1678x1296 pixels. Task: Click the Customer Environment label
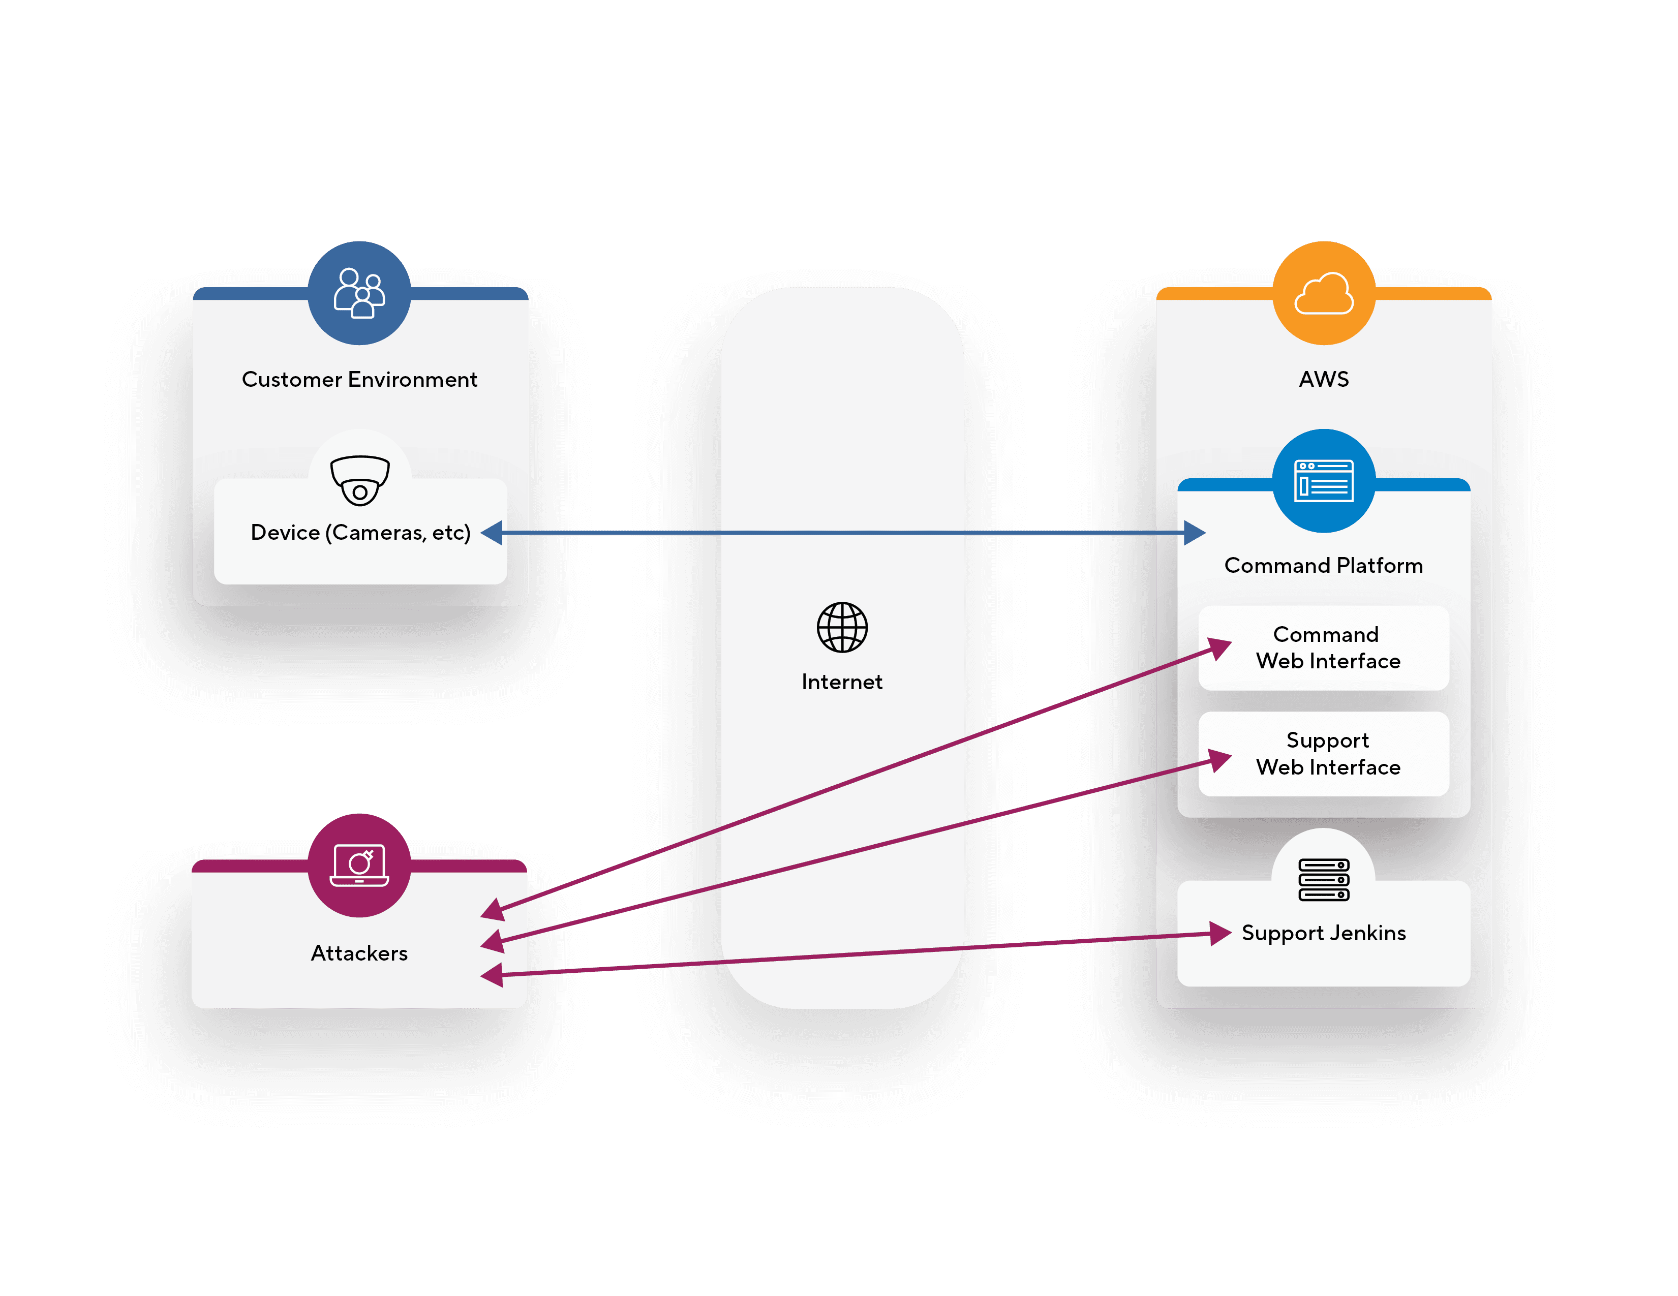tap(359, 380)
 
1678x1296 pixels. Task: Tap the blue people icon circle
tap(359, 293)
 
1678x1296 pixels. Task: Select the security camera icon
tap(359, 480)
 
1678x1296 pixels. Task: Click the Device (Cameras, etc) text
tap(360, 533)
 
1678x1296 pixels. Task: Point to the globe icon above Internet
tap(842, 627)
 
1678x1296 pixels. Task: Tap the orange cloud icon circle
tap(1323, 293)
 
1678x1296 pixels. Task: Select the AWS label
tap(1323, 380)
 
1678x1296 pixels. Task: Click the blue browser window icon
tap(1323, 481)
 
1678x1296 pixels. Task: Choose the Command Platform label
tap(1323, 566)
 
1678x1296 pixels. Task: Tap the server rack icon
tap(1323, 880)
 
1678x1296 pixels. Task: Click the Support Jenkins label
tap(1323, 933)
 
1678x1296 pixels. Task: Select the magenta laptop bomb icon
tap(359, 866)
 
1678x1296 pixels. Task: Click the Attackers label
tap(359, 953)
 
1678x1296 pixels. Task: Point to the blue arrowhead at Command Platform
tap(1195, 533)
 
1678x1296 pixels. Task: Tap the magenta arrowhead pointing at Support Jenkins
tap(1220, 934)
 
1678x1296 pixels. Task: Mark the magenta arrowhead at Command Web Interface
tap(1220, 647)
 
